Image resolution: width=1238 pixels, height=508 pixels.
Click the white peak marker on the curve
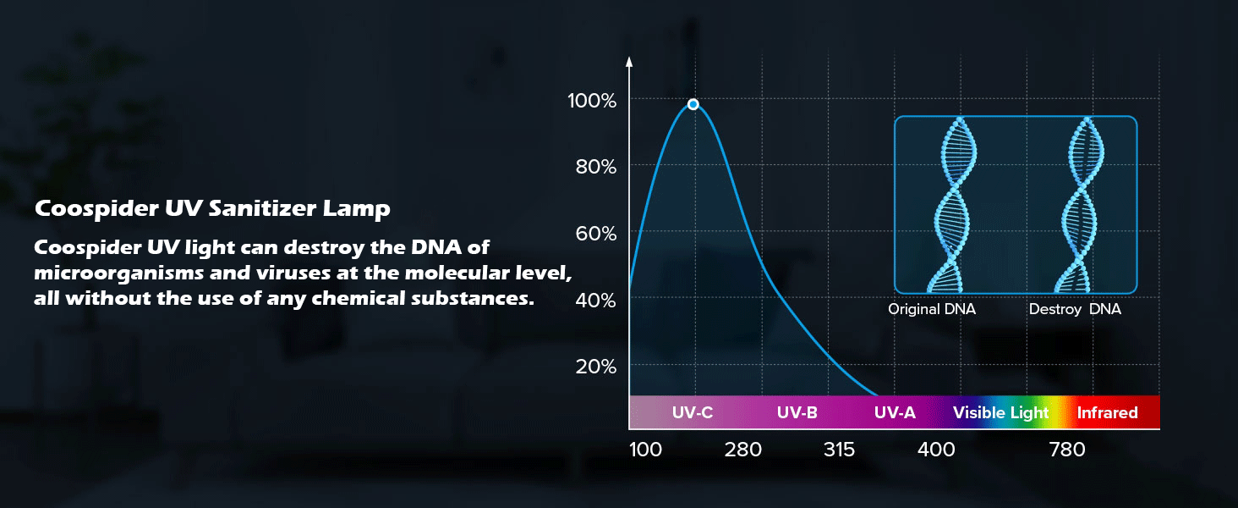click(x=693, y=104)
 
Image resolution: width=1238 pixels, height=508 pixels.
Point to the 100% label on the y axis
click(x=592, y=101)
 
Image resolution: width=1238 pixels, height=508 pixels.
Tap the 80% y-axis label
click(x=595, y=167)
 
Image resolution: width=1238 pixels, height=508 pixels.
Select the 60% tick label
click(x=595, y=233)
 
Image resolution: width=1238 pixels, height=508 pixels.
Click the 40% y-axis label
click(x=595, y=300)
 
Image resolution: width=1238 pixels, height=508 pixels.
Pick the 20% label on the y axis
click(x=595, y=367)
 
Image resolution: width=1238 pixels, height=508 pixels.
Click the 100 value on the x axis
click(x=646, y=450)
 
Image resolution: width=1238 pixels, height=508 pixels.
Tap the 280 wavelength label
click(x=742, y=450)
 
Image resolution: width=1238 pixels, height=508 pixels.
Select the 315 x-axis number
click(x=839, y=450)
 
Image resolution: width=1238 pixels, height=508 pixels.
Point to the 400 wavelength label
click(x=936, y=450)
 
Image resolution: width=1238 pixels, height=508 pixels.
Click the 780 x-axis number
click(x=1066, y=450)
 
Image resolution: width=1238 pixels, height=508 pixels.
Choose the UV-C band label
click(x=693, y=413)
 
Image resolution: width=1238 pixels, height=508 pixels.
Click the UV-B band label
click(x=797, y=413)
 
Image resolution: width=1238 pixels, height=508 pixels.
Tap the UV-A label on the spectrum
click(x=895, y=413)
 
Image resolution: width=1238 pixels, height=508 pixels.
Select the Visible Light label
click(x=1000, y=413)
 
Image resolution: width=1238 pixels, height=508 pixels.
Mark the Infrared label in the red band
click(x=1107, y=413)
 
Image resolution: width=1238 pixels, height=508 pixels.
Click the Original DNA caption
click(x=931, y=309)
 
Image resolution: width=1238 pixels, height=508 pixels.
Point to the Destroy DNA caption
click(x=1075, y=309)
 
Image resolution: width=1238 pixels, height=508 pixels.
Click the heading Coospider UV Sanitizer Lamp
click(x=212, y=208)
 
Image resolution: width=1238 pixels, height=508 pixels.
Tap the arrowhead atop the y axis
click(x=629, y=62)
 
